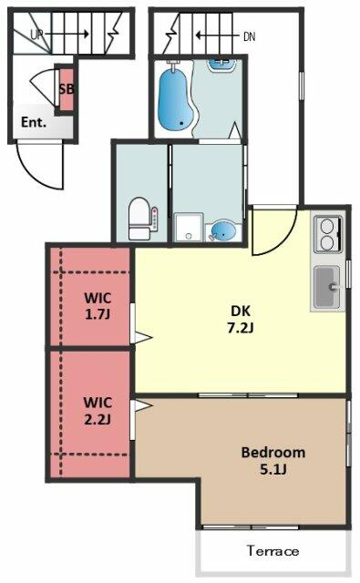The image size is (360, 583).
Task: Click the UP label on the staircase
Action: (x=36, y=35)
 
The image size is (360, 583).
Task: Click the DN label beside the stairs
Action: (x=249, y=36)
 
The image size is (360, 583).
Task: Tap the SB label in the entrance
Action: (x=67, y=89)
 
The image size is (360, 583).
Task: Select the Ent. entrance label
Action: (x=34, y=122)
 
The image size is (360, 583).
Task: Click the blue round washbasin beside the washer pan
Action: (x=222, y=231)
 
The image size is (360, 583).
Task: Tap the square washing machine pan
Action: (x=189, y=228)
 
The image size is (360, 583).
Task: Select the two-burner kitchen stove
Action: (x=328, y=234)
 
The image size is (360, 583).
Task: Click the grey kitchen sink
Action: (x=327, y=287)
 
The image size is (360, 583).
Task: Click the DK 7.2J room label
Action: (x=241, y=319)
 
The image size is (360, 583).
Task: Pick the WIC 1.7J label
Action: (x=98, y=306)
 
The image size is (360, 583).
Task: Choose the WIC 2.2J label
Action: (x=98, y=411)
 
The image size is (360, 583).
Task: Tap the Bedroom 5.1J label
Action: (x=273, y=461)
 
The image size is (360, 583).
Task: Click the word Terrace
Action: (x=273, y=550)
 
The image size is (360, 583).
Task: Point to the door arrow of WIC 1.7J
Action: (x=143, y=338)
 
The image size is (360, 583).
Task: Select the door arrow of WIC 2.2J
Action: (x=143, y=405)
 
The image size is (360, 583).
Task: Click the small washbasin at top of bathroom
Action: (x=221, y=65)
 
